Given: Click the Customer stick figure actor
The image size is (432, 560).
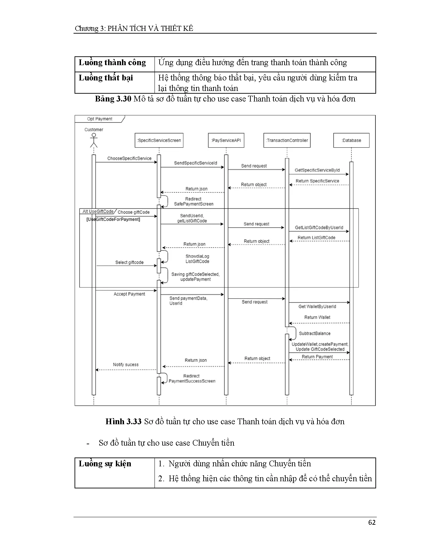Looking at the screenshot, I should click(94, 140).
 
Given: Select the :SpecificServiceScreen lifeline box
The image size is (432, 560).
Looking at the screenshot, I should click(159, 140).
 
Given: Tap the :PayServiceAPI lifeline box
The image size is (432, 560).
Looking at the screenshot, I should click(226, 140).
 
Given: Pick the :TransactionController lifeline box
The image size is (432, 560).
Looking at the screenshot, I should click(287, 140).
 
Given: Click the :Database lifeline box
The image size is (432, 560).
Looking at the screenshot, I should click(351, 140).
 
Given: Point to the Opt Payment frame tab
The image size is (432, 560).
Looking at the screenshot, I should click(100, 119).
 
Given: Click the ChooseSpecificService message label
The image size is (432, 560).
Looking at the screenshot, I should click(129, 158).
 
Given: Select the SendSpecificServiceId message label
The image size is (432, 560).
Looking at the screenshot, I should click(196, 163).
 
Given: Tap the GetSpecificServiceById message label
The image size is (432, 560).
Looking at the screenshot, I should click(317, 170).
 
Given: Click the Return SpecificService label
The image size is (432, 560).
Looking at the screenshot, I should click(317, 181).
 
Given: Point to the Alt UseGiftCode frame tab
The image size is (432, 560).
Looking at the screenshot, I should click(98, 211).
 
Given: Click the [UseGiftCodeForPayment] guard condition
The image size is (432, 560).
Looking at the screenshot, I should click(113, 220).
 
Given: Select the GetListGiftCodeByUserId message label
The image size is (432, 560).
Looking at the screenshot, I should click(319, 228).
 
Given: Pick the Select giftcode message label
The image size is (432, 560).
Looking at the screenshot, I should click(129, 262).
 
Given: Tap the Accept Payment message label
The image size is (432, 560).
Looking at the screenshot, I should click(129, 294).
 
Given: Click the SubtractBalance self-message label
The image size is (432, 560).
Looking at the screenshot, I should click(314, 334).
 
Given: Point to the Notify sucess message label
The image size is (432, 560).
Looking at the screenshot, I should click(126, 365).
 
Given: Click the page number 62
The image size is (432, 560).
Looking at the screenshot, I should click(372, 522).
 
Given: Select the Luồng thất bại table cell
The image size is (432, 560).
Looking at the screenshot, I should click(106, 78).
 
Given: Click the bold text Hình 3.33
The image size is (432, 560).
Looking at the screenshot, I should click(123, 422).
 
